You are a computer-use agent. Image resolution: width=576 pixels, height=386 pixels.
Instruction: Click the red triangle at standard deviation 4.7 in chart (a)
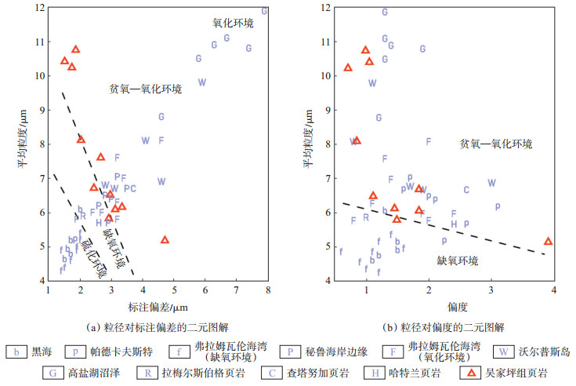[x=165, y=240]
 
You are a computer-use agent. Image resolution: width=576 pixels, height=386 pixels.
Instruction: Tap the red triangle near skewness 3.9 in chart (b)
[x=548, y=242]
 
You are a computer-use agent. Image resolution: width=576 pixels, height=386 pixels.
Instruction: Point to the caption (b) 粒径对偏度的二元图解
[x=445, y=326]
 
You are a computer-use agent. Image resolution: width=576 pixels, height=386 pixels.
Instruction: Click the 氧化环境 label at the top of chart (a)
[x=234, y=24]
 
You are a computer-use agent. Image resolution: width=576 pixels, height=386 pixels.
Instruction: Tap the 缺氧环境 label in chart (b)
[x=458, y=260]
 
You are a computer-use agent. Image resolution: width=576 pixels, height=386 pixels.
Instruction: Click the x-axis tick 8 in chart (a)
[x=268, y=290]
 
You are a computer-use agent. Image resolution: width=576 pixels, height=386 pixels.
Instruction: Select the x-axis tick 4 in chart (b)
[x=554, y=290]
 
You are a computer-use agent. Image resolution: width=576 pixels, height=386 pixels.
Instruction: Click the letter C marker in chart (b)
[x=466, y=190]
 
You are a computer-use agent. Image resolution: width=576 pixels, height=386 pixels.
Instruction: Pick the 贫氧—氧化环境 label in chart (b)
[x=496, y=144]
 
